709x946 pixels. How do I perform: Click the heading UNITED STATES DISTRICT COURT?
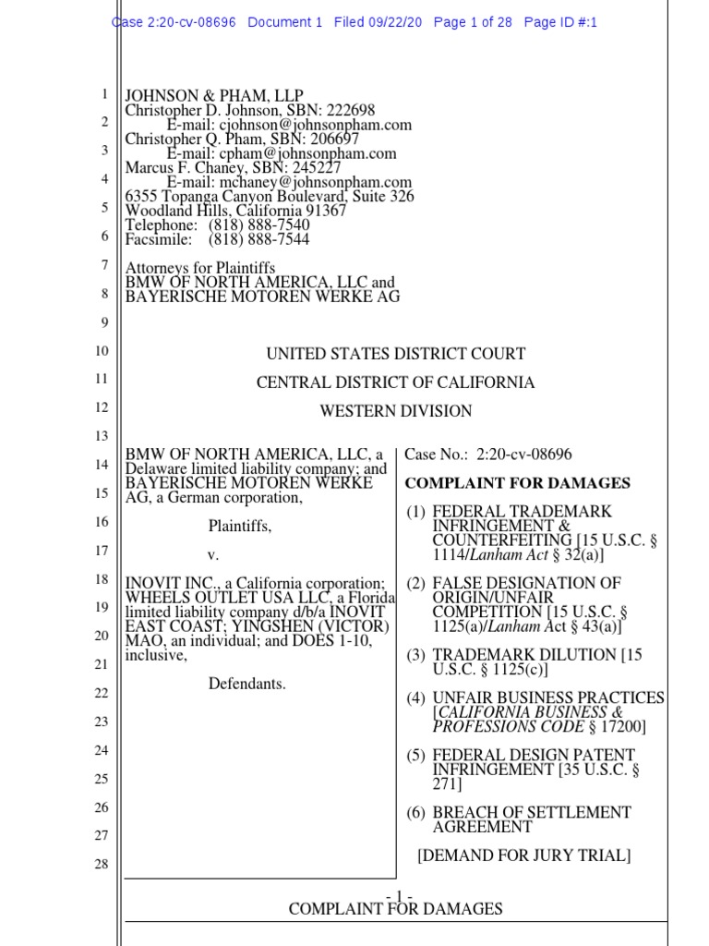coord(396,354)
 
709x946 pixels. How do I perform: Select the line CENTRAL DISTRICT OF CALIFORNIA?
coord(395,382)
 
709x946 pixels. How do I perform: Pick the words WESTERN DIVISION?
coord(395,411)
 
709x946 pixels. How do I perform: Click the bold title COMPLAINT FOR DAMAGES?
coord(518,483)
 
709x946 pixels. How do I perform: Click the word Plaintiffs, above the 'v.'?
coord(240,526)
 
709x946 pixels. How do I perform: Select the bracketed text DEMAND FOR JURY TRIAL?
coord(524,855)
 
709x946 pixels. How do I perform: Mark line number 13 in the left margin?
coord(102,436)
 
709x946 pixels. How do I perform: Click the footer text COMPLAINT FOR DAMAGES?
coord(395,909)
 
